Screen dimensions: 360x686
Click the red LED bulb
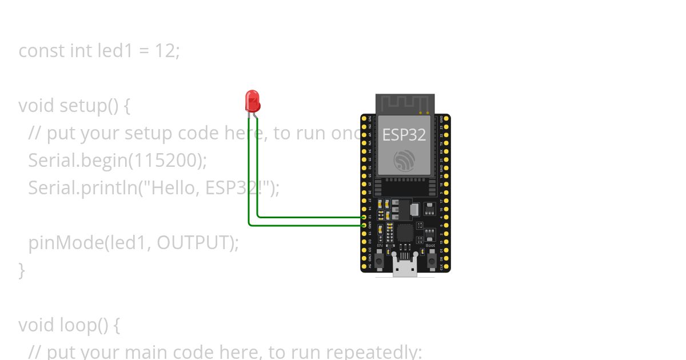click(x=252, y=101)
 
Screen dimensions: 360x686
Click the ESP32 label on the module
click(x=404, y=135)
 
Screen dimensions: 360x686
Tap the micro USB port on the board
click(x=405, y=267)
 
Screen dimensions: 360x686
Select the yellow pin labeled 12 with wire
click(x=364, y=217)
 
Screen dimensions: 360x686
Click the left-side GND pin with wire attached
click(x=364, y=225)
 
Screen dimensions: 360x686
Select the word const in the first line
click(x=42, y=51)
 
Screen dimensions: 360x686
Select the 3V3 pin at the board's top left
click(x=364, y=118)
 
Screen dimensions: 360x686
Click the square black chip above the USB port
click(x=405, y=233)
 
